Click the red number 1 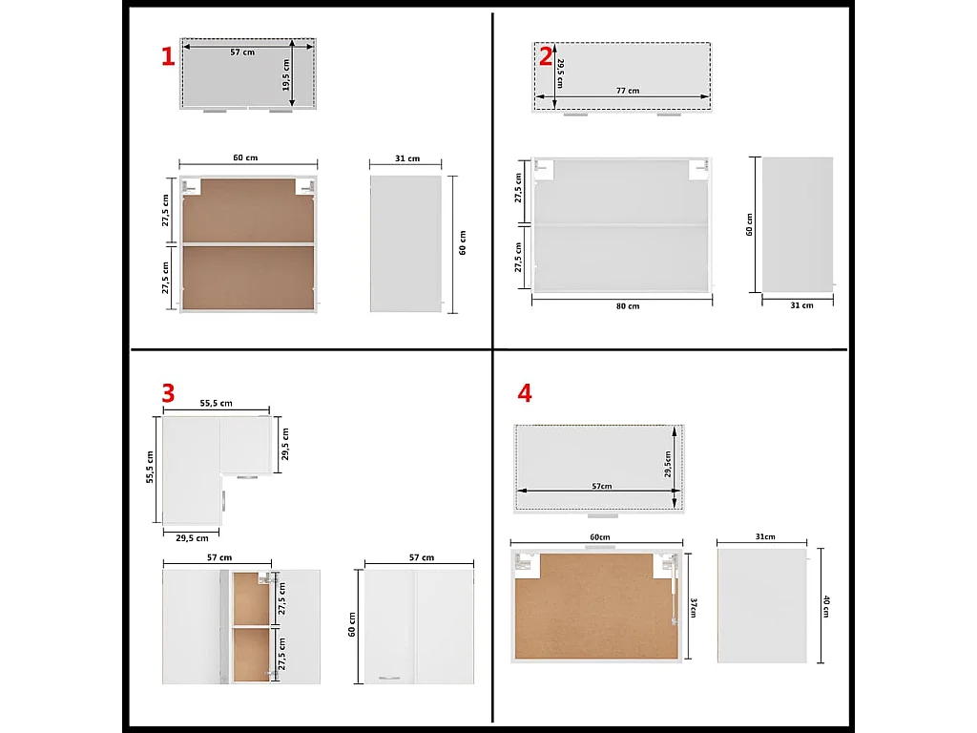tap(168, 56)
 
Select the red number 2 tap(545, 56)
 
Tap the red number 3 tap(168, 393)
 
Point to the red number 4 tap(525, 393)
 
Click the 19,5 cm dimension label tap(285, 74)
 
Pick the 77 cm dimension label tap(628, 91)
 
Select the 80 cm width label tap(628, 306)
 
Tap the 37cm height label tap(694, 608)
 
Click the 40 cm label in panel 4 tap(826, 606)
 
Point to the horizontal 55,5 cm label tap(217, 404)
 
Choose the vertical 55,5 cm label tap(150, 468)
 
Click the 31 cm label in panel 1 tap(406, 158)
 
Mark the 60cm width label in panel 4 tap(599, 537)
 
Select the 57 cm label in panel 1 tap(242, 52)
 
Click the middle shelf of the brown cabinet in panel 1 tap(248, 243)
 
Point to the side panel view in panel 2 tap(798, 224)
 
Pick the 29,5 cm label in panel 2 tap(560, 73)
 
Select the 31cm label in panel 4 tap(765, 536)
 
